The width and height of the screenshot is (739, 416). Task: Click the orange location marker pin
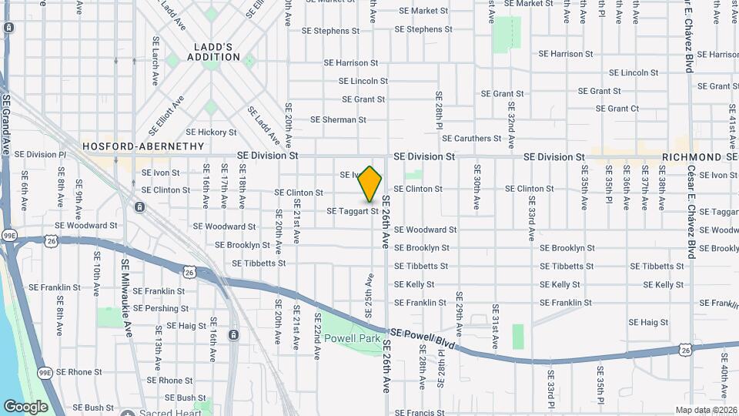pyautogui.click(x=370, y=183)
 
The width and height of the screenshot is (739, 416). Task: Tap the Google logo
pyautogui.click(x=25, y=406)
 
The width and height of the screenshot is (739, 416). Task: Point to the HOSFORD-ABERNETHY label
pyautogui.click(x=143, y=146)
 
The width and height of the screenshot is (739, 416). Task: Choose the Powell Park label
pyautogui.click(x=352, y=338)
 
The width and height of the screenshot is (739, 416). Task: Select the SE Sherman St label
pyautogui.click(x=338, y=120)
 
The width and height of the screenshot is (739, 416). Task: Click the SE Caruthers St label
pyautogui.click(x=473, y=139)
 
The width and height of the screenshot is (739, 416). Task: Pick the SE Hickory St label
pyautogui.click(x=211, y=133)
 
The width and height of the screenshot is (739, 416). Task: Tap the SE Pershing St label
pyautogui.click(x=160, y=308)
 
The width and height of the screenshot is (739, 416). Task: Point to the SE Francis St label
pyautogui.click(x=420, y=413)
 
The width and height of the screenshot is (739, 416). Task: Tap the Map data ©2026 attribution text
pyautogui.click(x=705, y=410)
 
